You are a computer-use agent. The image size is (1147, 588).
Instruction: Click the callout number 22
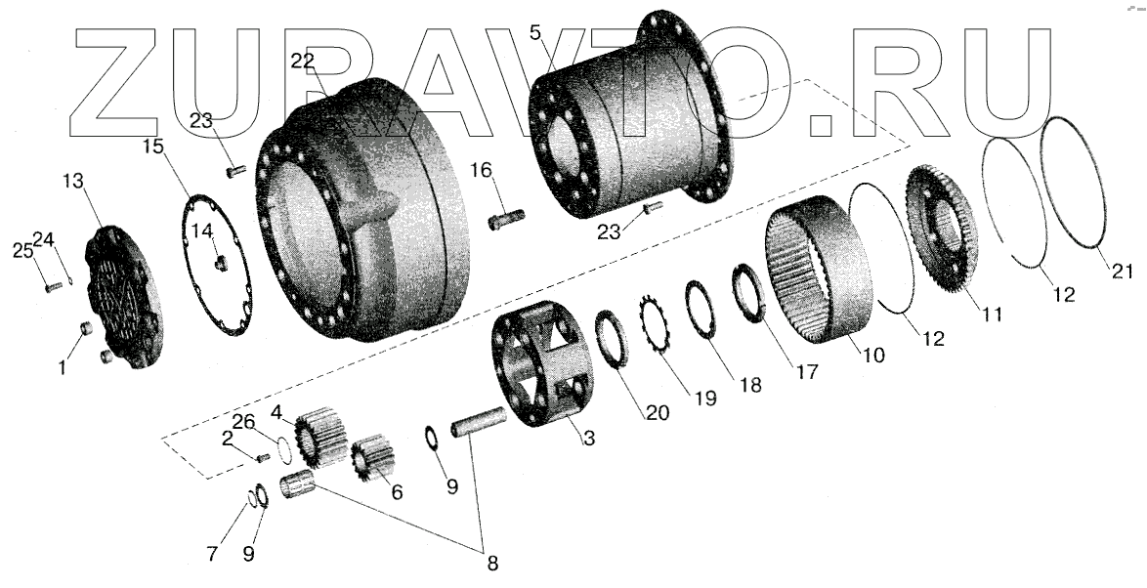(304, 60)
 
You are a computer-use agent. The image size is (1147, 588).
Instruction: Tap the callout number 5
(534, 32)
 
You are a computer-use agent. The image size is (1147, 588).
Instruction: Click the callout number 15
(152, 148)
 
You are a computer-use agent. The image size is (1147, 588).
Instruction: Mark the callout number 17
(807, 371)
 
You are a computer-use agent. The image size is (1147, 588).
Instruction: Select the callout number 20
(657, 413)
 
